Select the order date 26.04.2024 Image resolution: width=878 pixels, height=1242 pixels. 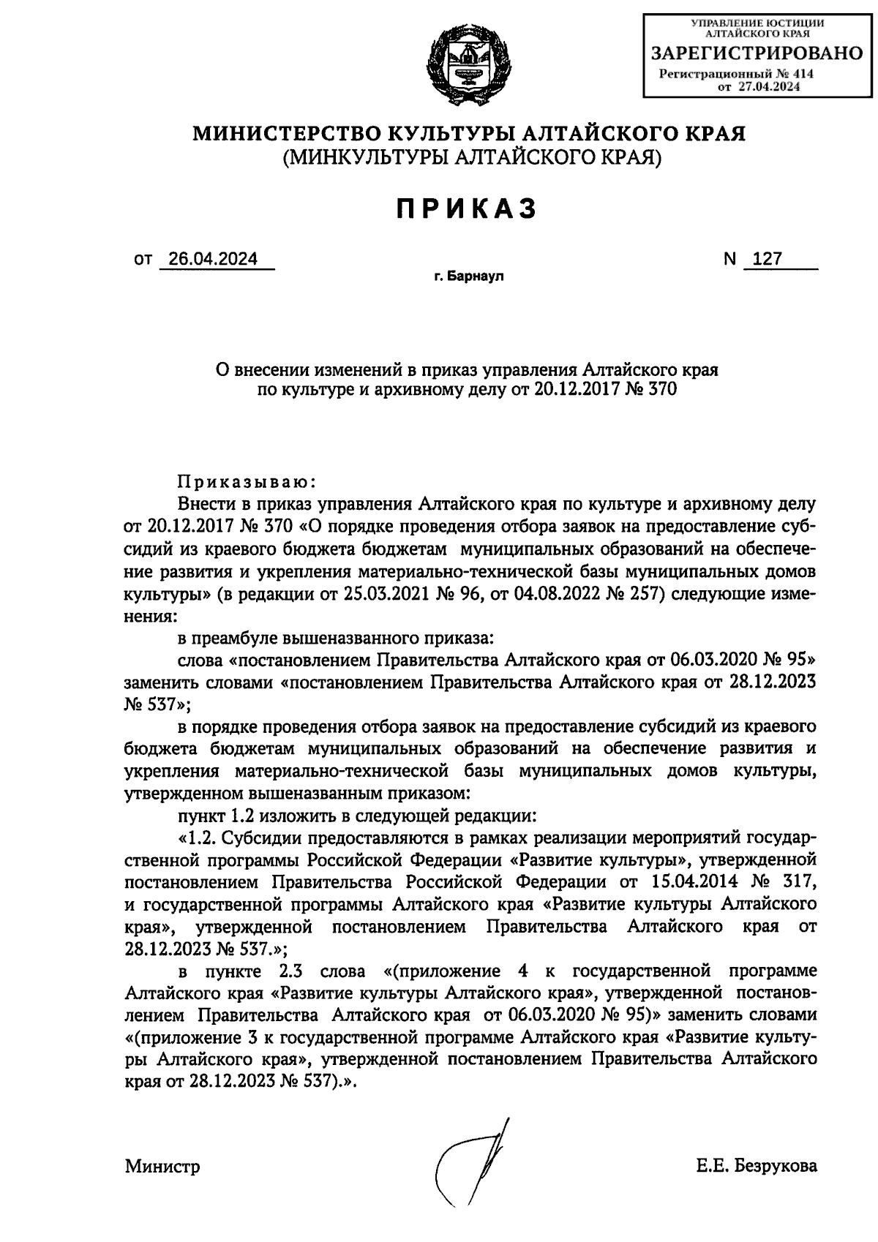pyautogui.click(x=213, y=260)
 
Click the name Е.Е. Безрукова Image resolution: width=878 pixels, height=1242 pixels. pyautogui.click(x=757, y=1166)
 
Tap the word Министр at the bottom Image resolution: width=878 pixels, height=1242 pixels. pyautogui.click(x=162, y=1166)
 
